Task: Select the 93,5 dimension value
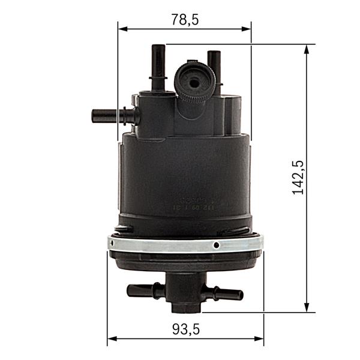[185, 329]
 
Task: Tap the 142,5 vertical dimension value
[298, 177]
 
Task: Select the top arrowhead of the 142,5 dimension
[307, 49]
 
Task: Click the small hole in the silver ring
[216, 245]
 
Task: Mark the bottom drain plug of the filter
[185, 303]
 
